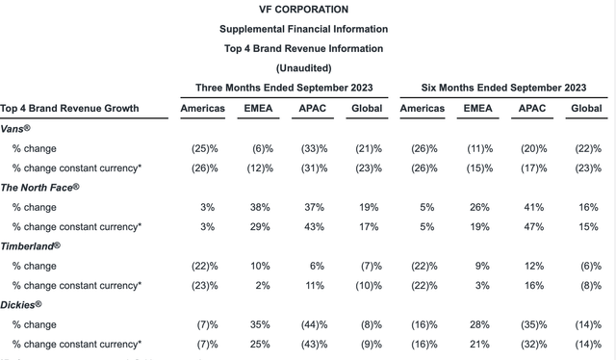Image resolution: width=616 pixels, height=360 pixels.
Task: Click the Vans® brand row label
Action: [x=22, y=128]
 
